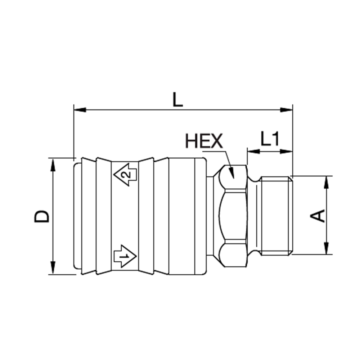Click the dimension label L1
(x=270, y=139)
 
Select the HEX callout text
(x=204, y=141)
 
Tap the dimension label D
(x=42, y=216)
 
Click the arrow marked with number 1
(x=125, y=256)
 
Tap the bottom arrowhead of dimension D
(x=53, y=268)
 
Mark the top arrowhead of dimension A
(x=327, y=182)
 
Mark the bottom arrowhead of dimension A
(x=327, y=248)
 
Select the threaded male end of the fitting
(x=275, y=216)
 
